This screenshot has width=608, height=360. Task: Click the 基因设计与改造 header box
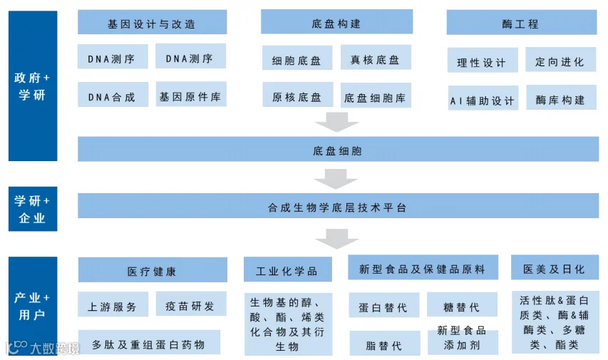tap(152, 23)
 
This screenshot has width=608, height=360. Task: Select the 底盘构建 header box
tap(336, 23)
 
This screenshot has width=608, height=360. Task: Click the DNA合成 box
tap(113, 96)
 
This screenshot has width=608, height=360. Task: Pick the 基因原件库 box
tap(191, 96)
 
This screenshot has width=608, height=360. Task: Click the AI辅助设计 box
tap(482, 100)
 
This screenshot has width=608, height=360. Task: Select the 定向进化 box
tap(560, 61)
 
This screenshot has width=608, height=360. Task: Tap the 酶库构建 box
tap(560, 100)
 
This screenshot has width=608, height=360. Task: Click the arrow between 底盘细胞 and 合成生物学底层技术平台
tap(336, 178)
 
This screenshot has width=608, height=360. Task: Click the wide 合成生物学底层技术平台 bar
tap(337, 207)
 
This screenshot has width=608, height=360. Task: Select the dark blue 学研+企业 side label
tap(32, 210)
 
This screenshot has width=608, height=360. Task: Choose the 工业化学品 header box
tap(287, 270)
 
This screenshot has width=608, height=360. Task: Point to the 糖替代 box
tap(461, 307)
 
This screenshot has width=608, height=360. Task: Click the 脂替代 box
tap(383, 345)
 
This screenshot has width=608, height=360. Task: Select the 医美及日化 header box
tap(554, 269)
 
